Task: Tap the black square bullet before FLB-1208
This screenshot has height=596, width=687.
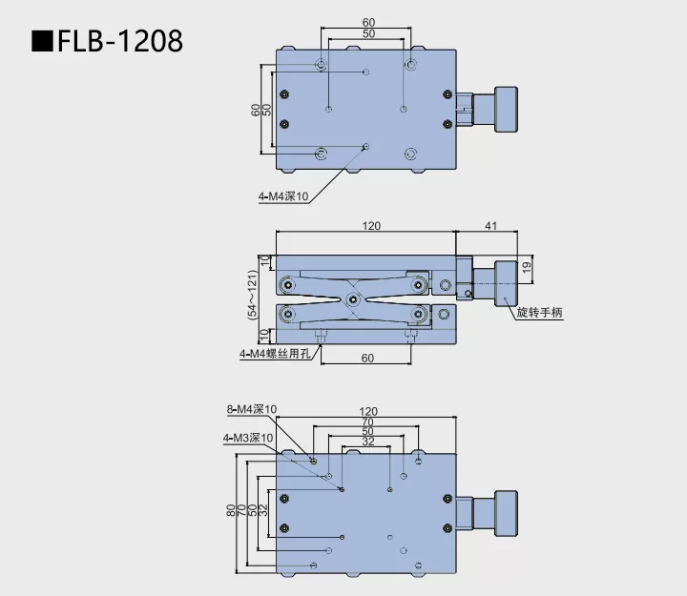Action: coord(41,42)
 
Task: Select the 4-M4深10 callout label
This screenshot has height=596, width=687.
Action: coord(283,197)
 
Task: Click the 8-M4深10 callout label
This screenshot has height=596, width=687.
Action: coord(252,410)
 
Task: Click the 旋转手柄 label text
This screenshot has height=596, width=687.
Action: coord(540,314)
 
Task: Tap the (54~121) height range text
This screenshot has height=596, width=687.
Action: coord(253,297)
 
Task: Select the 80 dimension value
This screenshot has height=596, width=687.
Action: coord(231,510)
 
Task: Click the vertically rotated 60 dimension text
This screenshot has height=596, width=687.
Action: coord(256,110)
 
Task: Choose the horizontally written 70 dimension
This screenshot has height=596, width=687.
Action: coord(367,421)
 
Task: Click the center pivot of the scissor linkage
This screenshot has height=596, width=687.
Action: coord(354,299)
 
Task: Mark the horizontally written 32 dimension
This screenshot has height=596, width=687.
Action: coord(367,442)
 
